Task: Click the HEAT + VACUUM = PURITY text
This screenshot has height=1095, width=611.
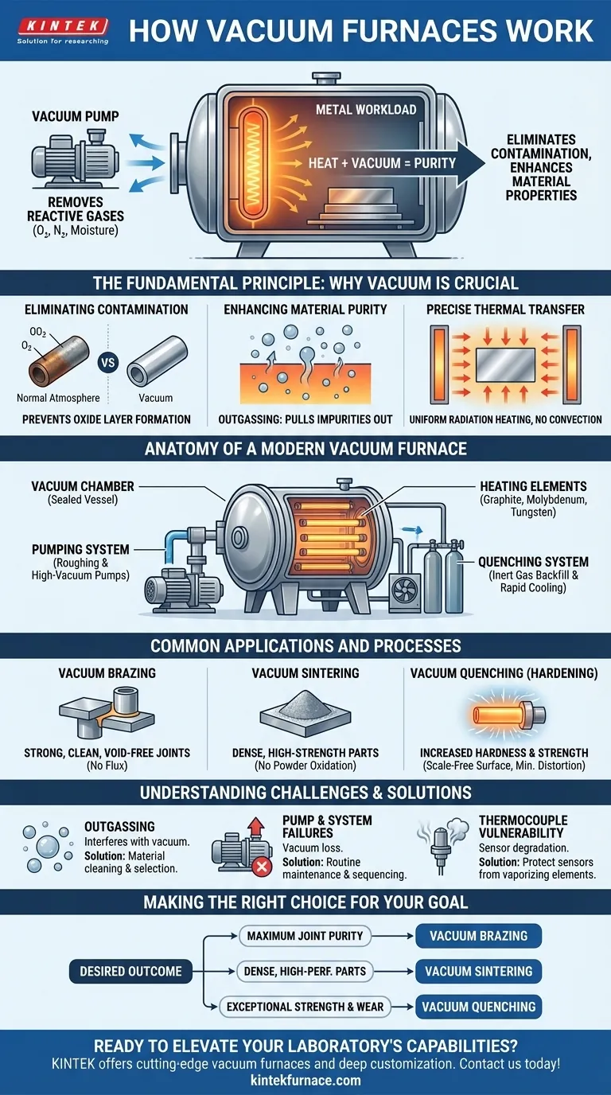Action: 382,163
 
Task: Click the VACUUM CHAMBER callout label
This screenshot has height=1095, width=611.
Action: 83,486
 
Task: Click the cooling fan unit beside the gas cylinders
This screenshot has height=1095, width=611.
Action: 405,591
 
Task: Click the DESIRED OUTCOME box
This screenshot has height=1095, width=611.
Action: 130,971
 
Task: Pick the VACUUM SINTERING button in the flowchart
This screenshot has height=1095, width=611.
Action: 478,971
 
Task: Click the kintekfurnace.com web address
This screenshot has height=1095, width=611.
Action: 305,1080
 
